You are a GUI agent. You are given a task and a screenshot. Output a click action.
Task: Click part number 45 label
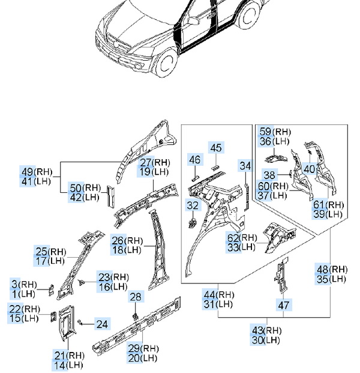216,148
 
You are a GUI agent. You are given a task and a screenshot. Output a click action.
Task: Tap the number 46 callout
195,160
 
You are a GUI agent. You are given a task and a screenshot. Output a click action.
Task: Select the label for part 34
245,165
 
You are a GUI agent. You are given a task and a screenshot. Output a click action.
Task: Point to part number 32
192,205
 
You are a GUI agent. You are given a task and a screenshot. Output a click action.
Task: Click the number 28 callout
136,297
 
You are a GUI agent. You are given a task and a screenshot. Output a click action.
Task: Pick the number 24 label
102,324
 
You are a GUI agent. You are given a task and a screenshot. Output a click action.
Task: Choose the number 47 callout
284,305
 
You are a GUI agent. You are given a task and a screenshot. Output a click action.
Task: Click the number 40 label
309,169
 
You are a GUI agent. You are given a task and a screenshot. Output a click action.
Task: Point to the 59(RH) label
275,132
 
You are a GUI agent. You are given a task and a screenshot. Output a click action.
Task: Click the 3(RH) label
23,284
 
